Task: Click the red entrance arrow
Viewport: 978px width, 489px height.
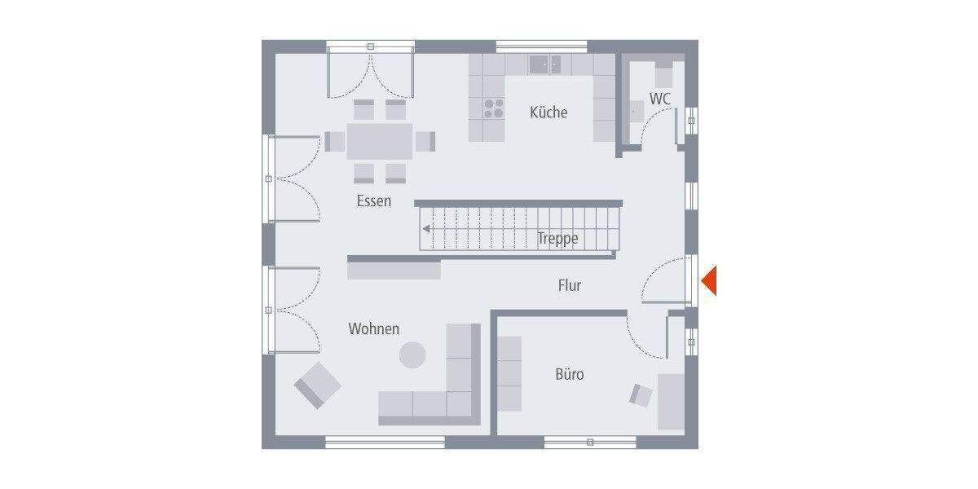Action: (x=709, y=280)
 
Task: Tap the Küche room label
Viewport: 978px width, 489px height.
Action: (x=548, y=112)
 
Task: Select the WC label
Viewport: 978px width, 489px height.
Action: (x=660, y=99)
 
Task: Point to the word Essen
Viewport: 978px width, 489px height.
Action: (x=373, y=200)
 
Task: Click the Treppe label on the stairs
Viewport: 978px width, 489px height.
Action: (x=557, y=239)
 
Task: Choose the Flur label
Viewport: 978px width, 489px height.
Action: (x=570, y=285)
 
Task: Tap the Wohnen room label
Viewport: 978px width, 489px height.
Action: (x=374, y=329)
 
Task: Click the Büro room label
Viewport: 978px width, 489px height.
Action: (x=570, y=375)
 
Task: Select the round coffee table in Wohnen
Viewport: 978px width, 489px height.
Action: (x=412, y=355)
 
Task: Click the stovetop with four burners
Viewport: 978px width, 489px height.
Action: (x=494, y=108)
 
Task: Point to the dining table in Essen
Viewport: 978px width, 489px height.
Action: (x=379, y=140)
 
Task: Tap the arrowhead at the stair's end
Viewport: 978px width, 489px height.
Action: (x=426, y=229)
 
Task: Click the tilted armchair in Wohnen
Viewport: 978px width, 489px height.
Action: (x=317, y=385)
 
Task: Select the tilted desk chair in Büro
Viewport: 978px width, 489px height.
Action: (x=641, y=395)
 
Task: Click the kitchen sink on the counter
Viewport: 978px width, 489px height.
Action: (x=545, y=63)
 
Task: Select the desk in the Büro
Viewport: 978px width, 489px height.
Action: (x=672, y=402)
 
